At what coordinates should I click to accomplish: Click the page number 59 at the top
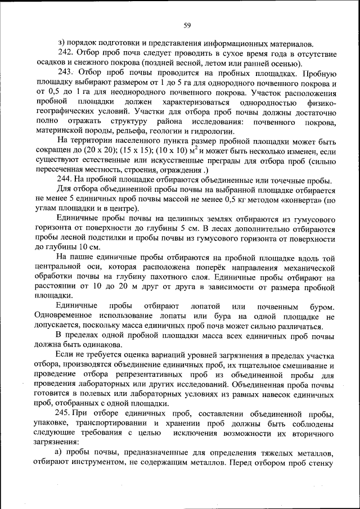[x=187, y=24]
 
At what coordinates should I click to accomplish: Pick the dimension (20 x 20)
[x=93, y=152]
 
